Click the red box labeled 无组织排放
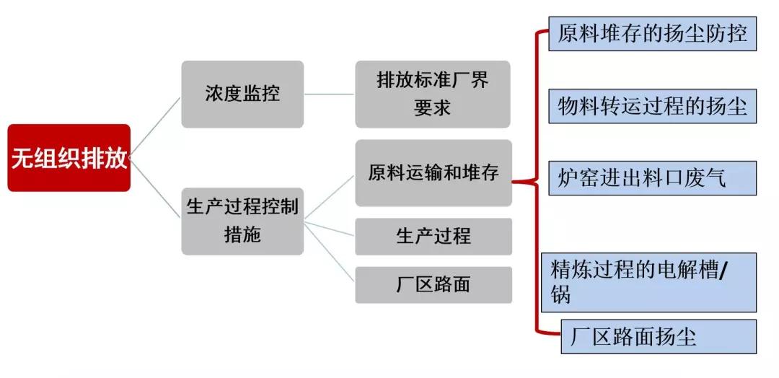pyautogui.click(x=69, y=158)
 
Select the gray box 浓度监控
pyautogui.click(x=242, y=94)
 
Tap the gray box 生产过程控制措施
pyautogui.click(x=242, y=221)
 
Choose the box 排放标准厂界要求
pyautogui.click(x=433, y=94)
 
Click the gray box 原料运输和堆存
pyautogui.click(x=433, y=173)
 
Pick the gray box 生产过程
pyautogui.click(x=433, y=237)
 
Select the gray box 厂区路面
pyautogui.click(x=433, y=284)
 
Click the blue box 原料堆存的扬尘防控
pyautogui.click(x=652, y=34)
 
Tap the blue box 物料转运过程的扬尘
pyautogui.click(x=652, y=107)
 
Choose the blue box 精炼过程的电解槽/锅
pyautogui.click(x=652, y=282)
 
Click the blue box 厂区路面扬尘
pyautogui.click(x=658, y=337)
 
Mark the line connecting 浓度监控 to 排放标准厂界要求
pyautogui.click(x=329, y=94)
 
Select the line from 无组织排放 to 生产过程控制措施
pyautogui.click(x=156, y=190)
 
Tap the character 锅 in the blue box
pyautogui.click(x=560, y=295)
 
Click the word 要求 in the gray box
pyautogui.click(x=433, y=107)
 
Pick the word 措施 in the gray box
pyautogui.click(x=242, y=235)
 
